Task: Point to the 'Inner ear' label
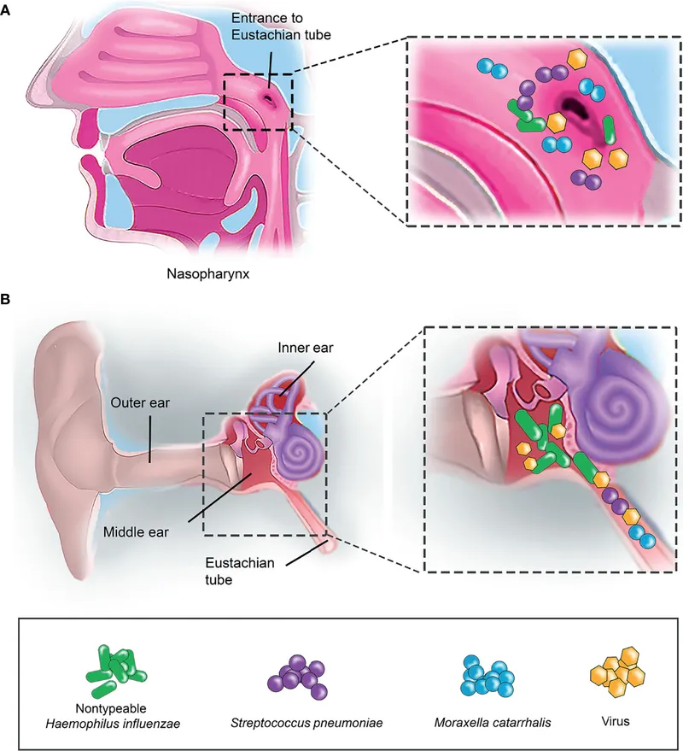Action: [x=299, y=348]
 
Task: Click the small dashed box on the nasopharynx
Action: [x=258, y=102]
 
